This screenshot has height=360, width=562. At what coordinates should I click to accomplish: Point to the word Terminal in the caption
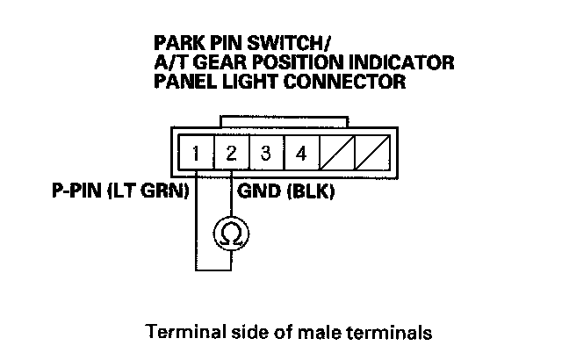[179, 333]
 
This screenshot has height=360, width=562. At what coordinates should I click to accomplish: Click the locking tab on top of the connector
[283, 120]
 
